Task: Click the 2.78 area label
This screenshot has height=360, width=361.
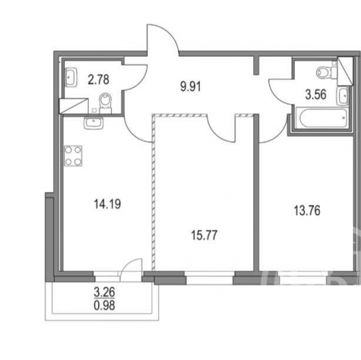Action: [x=98, y=79]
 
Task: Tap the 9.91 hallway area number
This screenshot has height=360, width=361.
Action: [x=191, y=87]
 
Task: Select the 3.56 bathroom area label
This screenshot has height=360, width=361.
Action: [x=316, y=95]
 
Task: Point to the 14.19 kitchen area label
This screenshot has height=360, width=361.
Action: [x=108, y=204]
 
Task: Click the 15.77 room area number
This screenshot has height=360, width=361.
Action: [x=204, y=235]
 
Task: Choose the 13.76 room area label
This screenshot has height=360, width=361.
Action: [x=307, y=211]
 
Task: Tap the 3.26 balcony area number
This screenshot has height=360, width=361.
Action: [x=105, y=293]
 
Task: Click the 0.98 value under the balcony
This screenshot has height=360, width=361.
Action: [x=105, y=305]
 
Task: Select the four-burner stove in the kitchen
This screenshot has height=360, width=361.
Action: [x=73, y=156]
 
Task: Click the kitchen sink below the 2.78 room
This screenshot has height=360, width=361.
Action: [x=94, y=123]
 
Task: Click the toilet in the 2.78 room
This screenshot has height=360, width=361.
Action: [x=105, y=103]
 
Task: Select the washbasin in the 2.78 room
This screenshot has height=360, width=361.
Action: [x=71, y=77]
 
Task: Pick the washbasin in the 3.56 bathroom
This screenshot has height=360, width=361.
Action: [x=343, y=96]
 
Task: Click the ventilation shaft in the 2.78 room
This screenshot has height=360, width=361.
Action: [x=74, y=106]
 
